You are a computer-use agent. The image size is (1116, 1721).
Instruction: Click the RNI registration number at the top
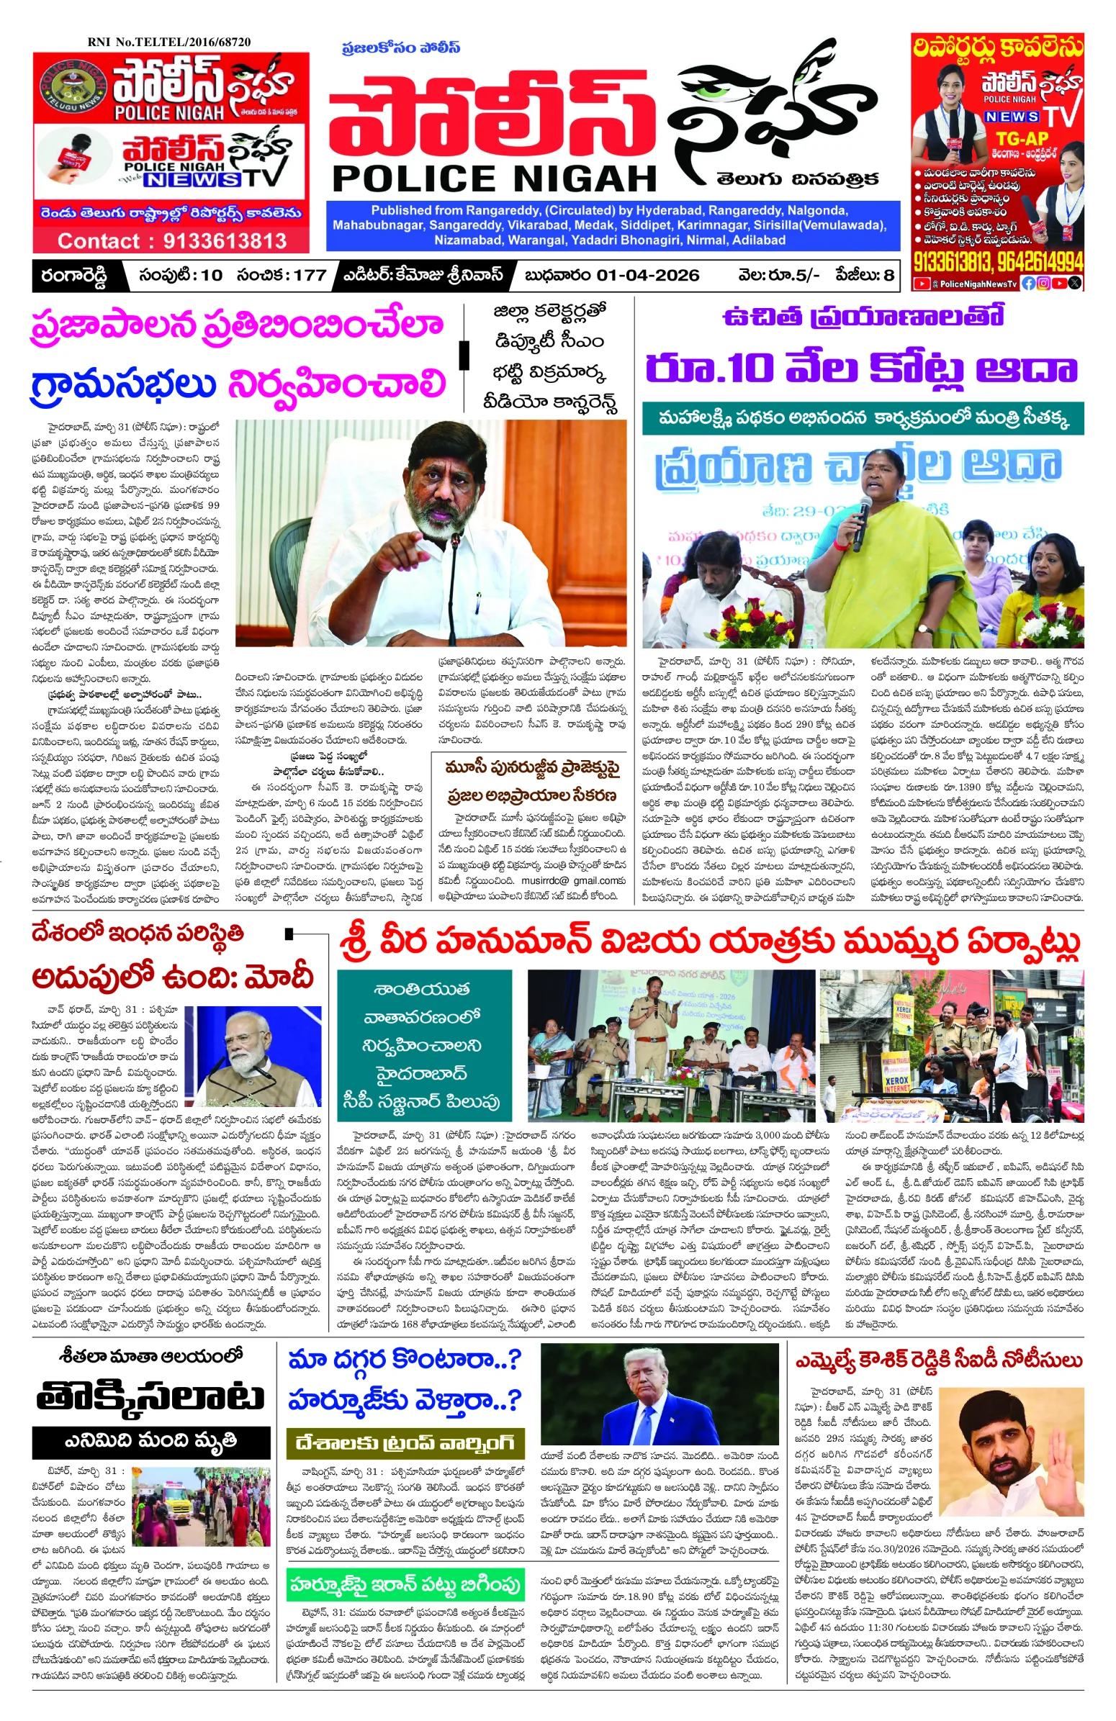point(169,42)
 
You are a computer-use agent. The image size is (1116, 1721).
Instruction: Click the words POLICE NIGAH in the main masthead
point(494,179)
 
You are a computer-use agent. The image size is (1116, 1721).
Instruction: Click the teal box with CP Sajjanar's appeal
point(424,1044)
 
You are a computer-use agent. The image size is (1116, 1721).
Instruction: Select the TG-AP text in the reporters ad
point(1022,137)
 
